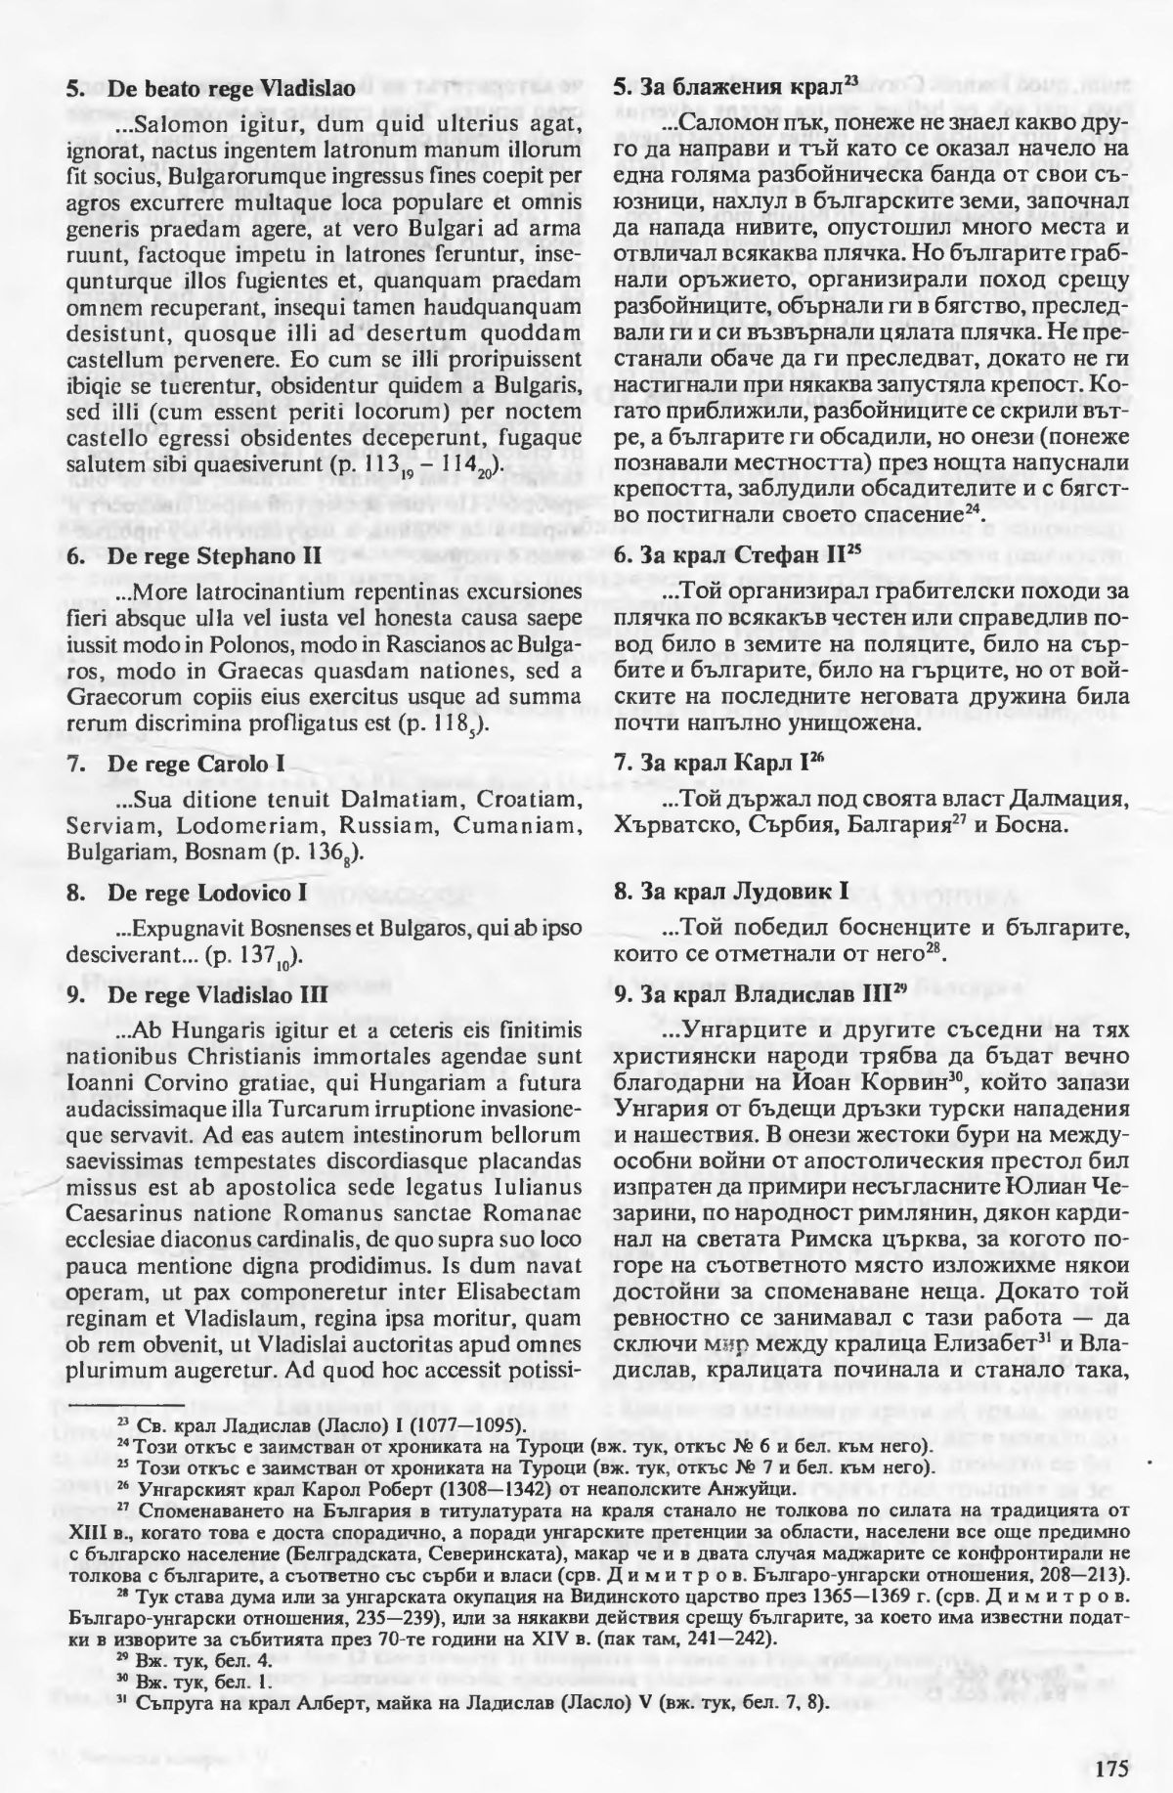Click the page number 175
point(1111,1737)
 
